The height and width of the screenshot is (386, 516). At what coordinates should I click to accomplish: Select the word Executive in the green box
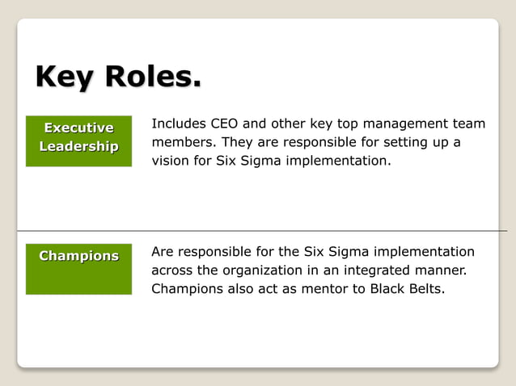78,128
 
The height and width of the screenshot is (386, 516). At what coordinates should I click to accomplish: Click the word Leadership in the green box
78,146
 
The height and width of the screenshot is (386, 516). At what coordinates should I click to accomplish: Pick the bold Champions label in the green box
78,256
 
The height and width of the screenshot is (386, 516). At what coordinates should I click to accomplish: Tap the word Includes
178,124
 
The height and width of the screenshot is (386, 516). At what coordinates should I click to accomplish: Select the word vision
171,161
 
